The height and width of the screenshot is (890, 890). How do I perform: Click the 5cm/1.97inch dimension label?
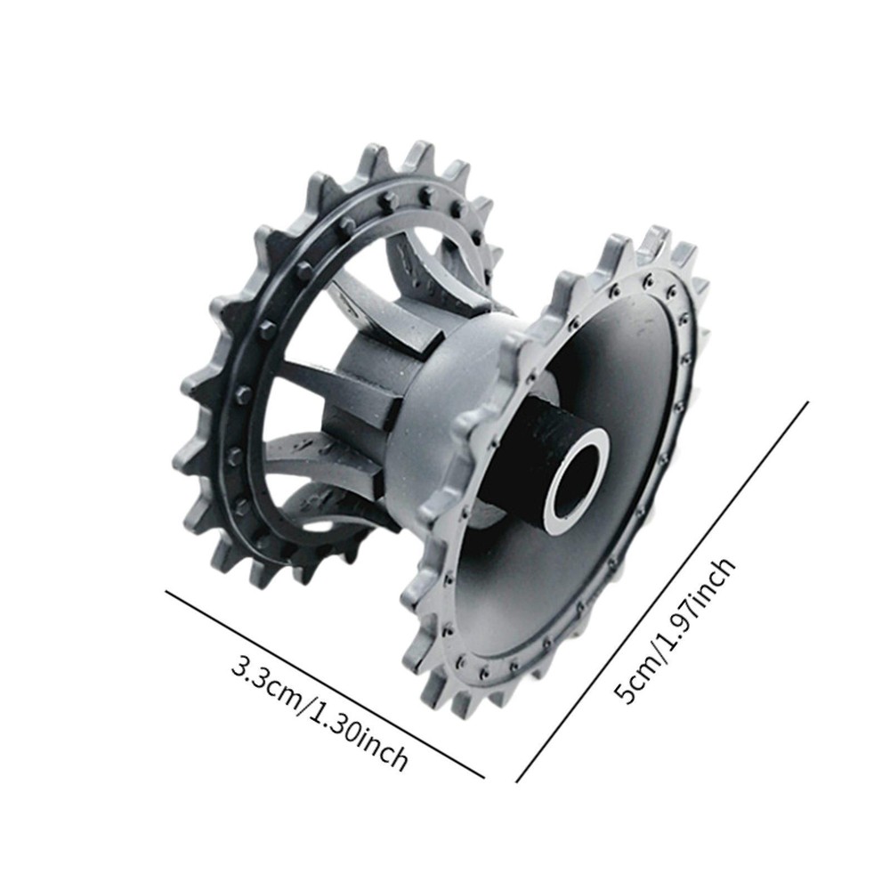pyautogui.click(x=676, y=629)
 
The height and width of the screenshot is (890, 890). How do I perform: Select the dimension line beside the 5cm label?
pyautogui.click(x=662, y=592)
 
